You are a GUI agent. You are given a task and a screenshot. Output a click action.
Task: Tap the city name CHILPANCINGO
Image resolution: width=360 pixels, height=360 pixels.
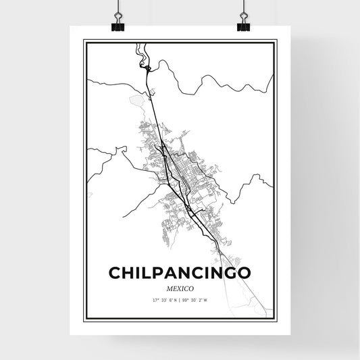click(180, 272)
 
